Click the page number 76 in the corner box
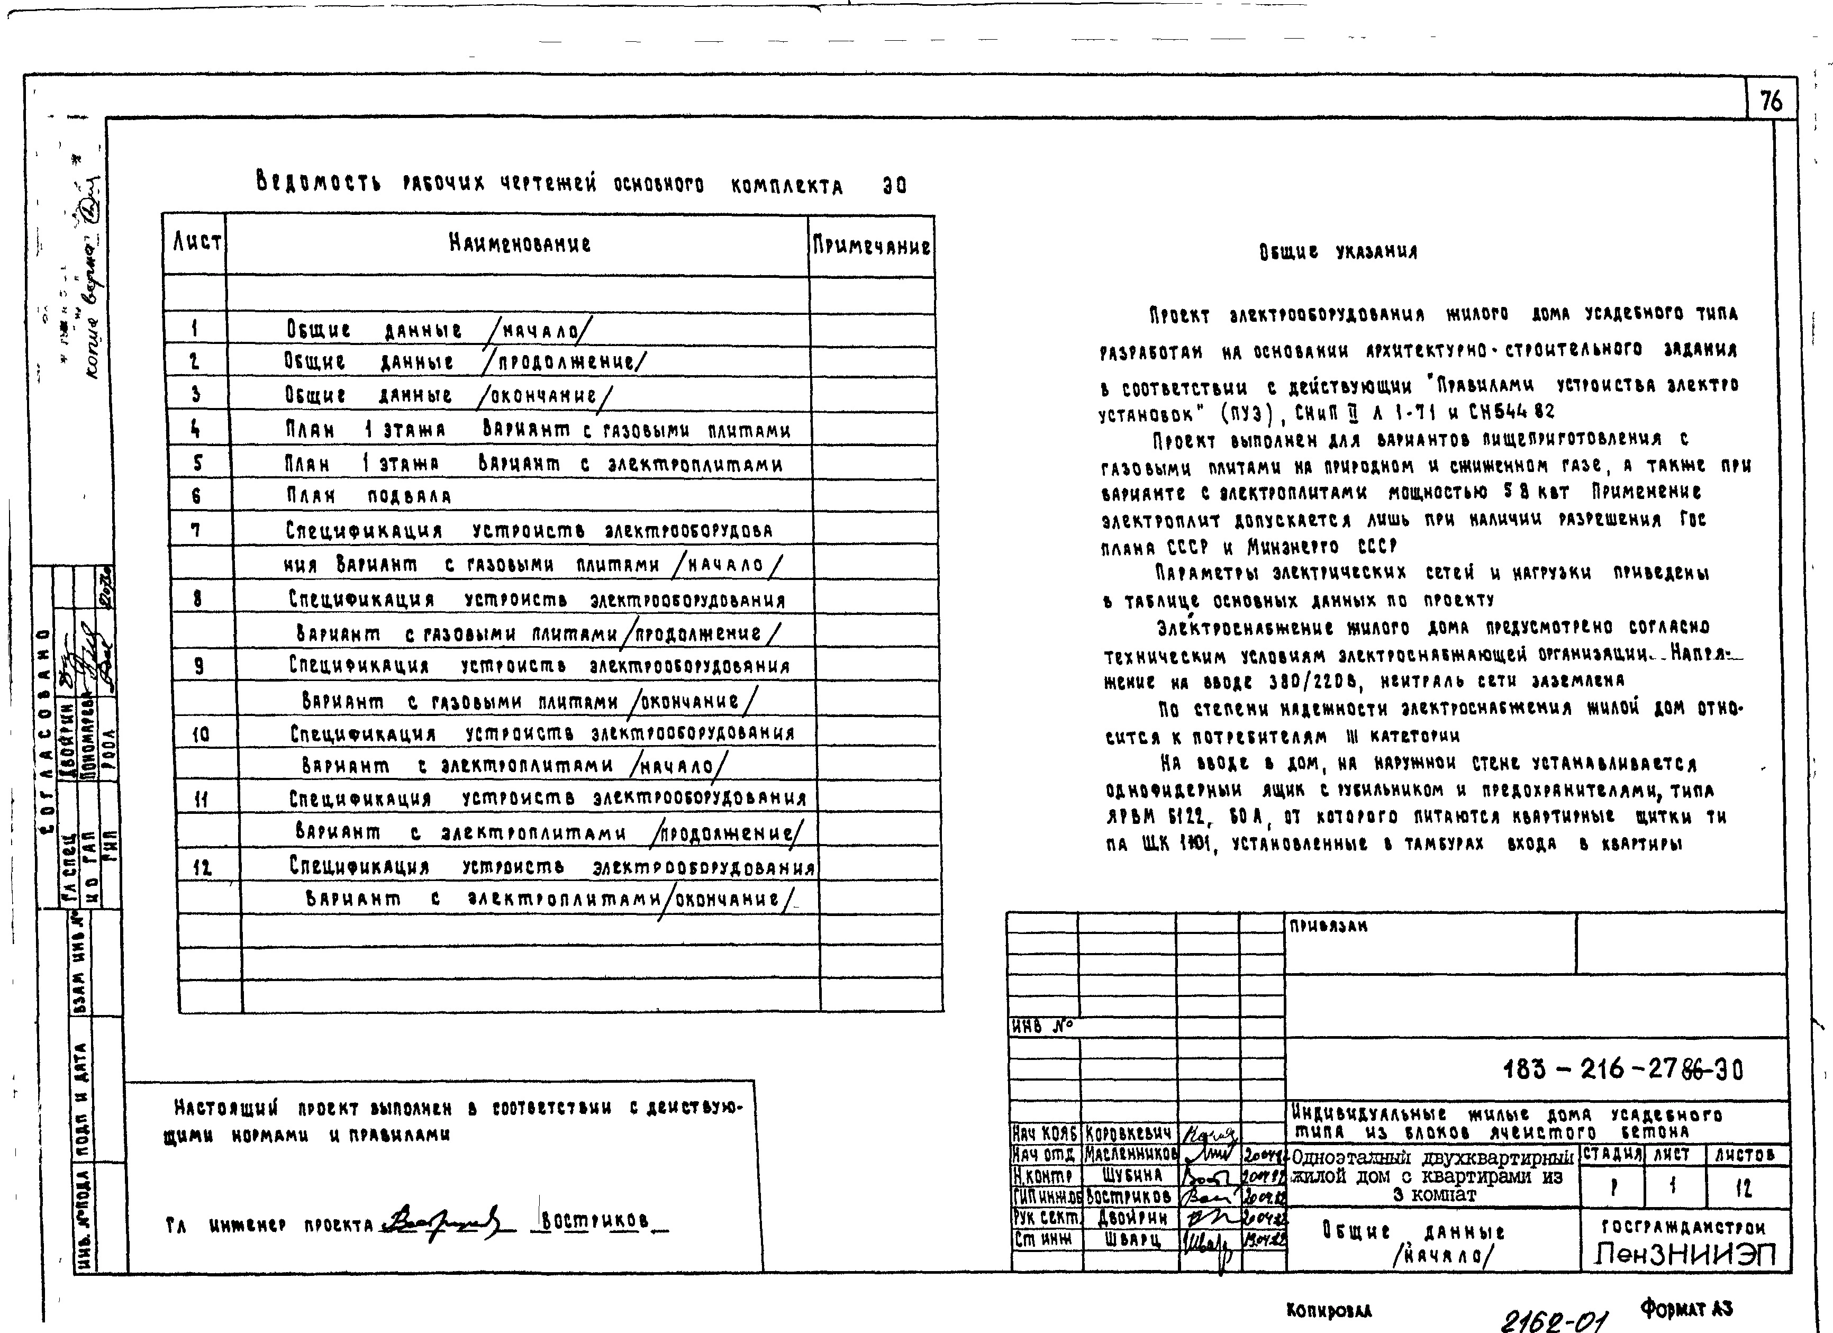coord(1770,102)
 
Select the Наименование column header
coord(520,243)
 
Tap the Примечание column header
coord(871,246)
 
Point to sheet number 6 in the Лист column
coord(196,495)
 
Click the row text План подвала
coord(368,495)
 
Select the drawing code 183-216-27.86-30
coord(1623,1069)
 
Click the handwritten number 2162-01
coord(1554,1319)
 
